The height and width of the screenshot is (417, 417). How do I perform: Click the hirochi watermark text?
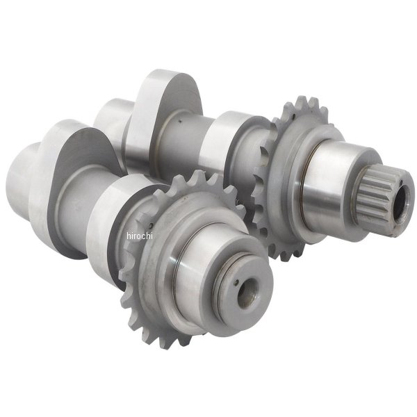(x=140, y=236)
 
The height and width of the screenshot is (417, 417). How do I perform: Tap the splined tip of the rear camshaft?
(x=383, y=195)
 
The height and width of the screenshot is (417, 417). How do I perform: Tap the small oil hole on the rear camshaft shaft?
(x=180, y=122)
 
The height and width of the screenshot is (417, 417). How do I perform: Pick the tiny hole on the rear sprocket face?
(x=293, y=116)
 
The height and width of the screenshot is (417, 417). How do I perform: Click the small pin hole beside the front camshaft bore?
(x=237, y=283)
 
